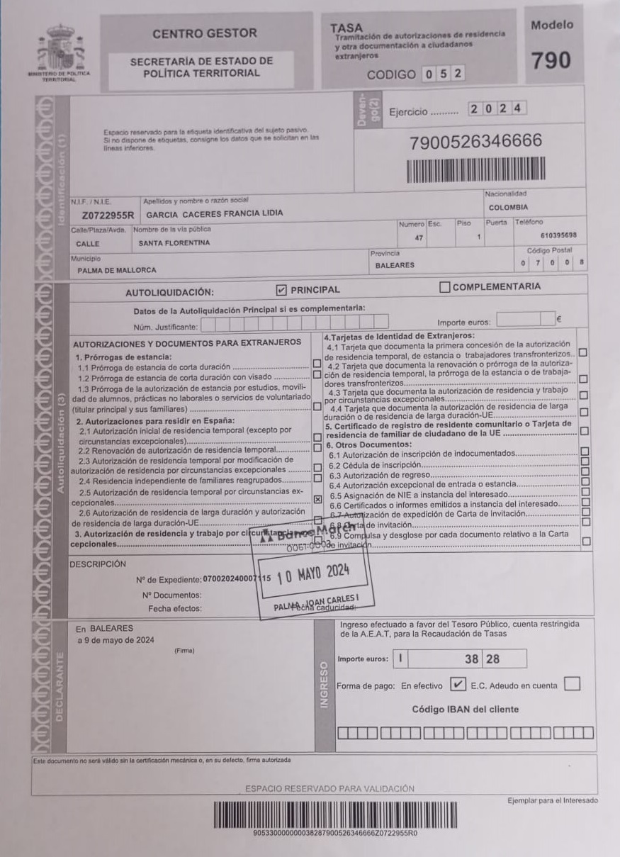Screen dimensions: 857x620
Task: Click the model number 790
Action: click(x=551, y=61)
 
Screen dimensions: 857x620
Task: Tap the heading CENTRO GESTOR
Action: click(x=205, y=33)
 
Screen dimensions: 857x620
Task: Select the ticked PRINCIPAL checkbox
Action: click(x=281, y=289)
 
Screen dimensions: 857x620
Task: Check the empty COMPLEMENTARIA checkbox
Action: click(x=445, y=287)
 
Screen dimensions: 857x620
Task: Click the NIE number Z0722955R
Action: click(x=108, y=213)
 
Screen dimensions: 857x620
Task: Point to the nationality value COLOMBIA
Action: click(x=508, y=208)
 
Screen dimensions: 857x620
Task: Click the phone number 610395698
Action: click(x=558, y=235)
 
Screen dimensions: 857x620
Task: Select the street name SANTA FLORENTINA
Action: click(x=174, y=243)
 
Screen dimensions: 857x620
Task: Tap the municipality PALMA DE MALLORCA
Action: click(x=117, y=270)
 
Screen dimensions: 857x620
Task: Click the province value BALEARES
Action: click(x=395, y=266)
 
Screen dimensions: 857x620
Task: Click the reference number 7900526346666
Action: click(x=475, y=142)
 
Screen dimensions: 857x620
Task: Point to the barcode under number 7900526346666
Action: click(x=475, y=170)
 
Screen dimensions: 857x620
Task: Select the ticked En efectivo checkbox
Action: click(x=458, y=685)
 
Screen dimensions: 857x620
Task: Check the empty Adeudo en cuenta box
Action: click(x=573, y=684)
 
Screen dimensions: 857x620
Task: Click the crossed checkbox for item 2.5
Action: click(x=317, y=500)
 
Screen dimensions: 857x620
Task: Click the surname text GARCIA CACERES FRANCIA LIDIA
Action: click(x=214, y=213)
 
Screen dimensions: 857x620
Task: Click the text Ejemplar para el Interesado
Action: click(x=552, y=800)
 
